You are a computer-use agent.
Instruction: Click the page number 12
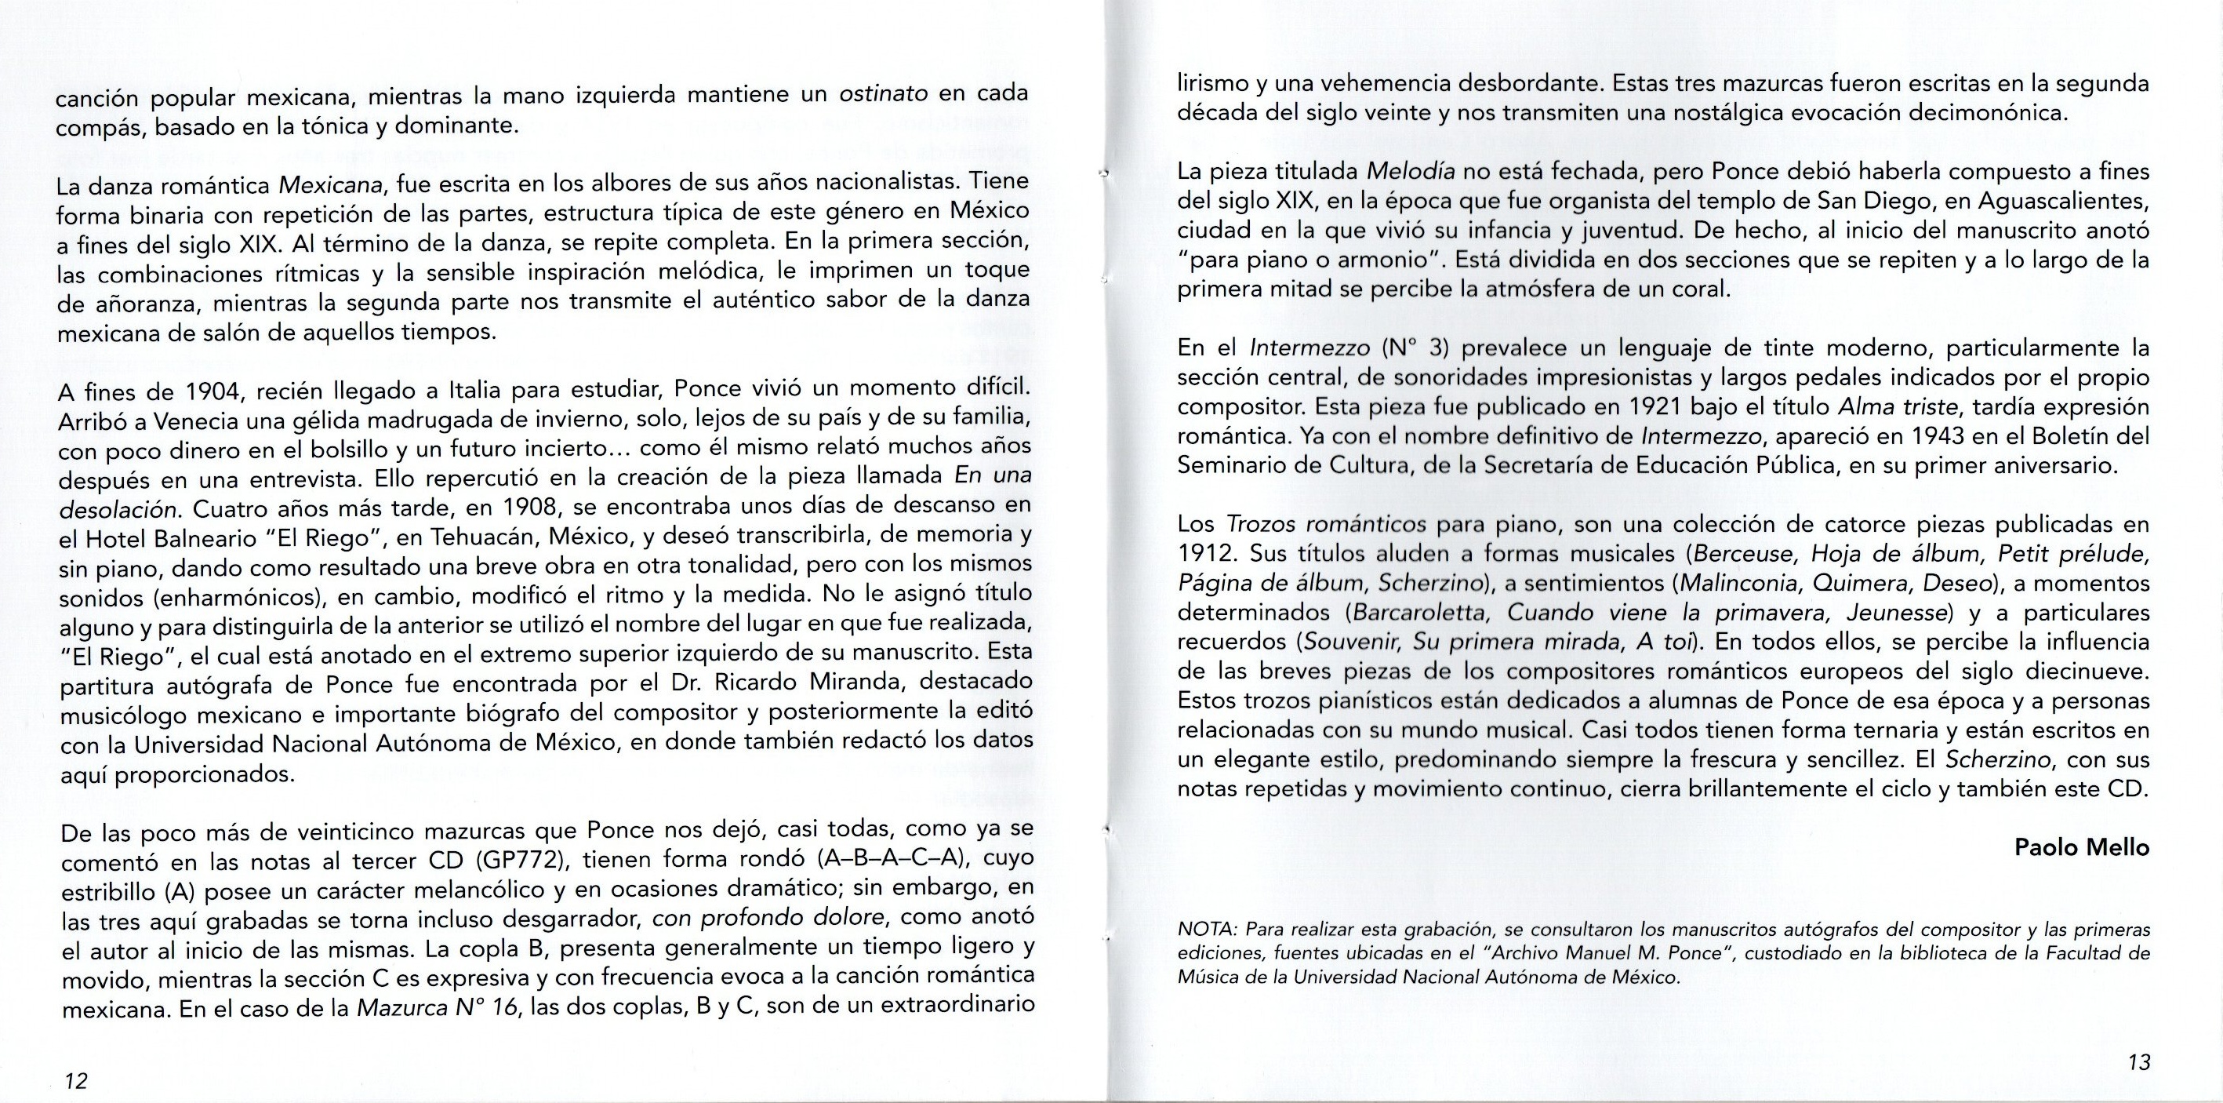pyautogui.click(x=76, y=1080)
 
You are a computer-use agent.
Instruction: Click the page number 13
pyautogui.click(x=2138, y=1061)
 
